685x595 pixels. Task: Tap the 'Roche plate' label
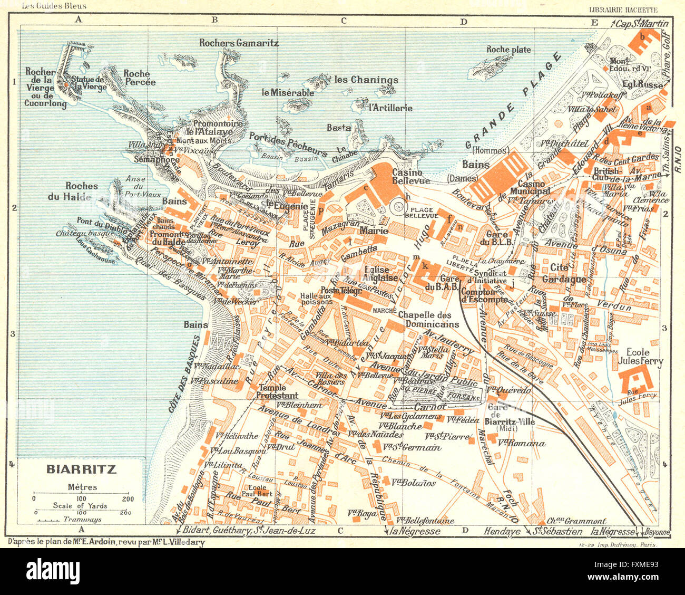508,50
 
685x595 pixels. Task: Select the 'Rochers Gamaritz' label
239,43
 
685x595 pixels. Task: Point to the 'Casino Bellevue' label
407,177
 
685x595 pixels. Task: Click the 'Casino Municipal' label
534,187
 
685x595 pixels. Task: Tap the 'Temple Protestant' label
277,391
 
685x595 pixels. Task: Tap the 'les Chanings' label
366,80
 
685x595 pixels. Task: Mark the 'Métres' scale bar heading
82,487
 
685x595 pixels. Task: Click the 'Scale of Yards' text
80,505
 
